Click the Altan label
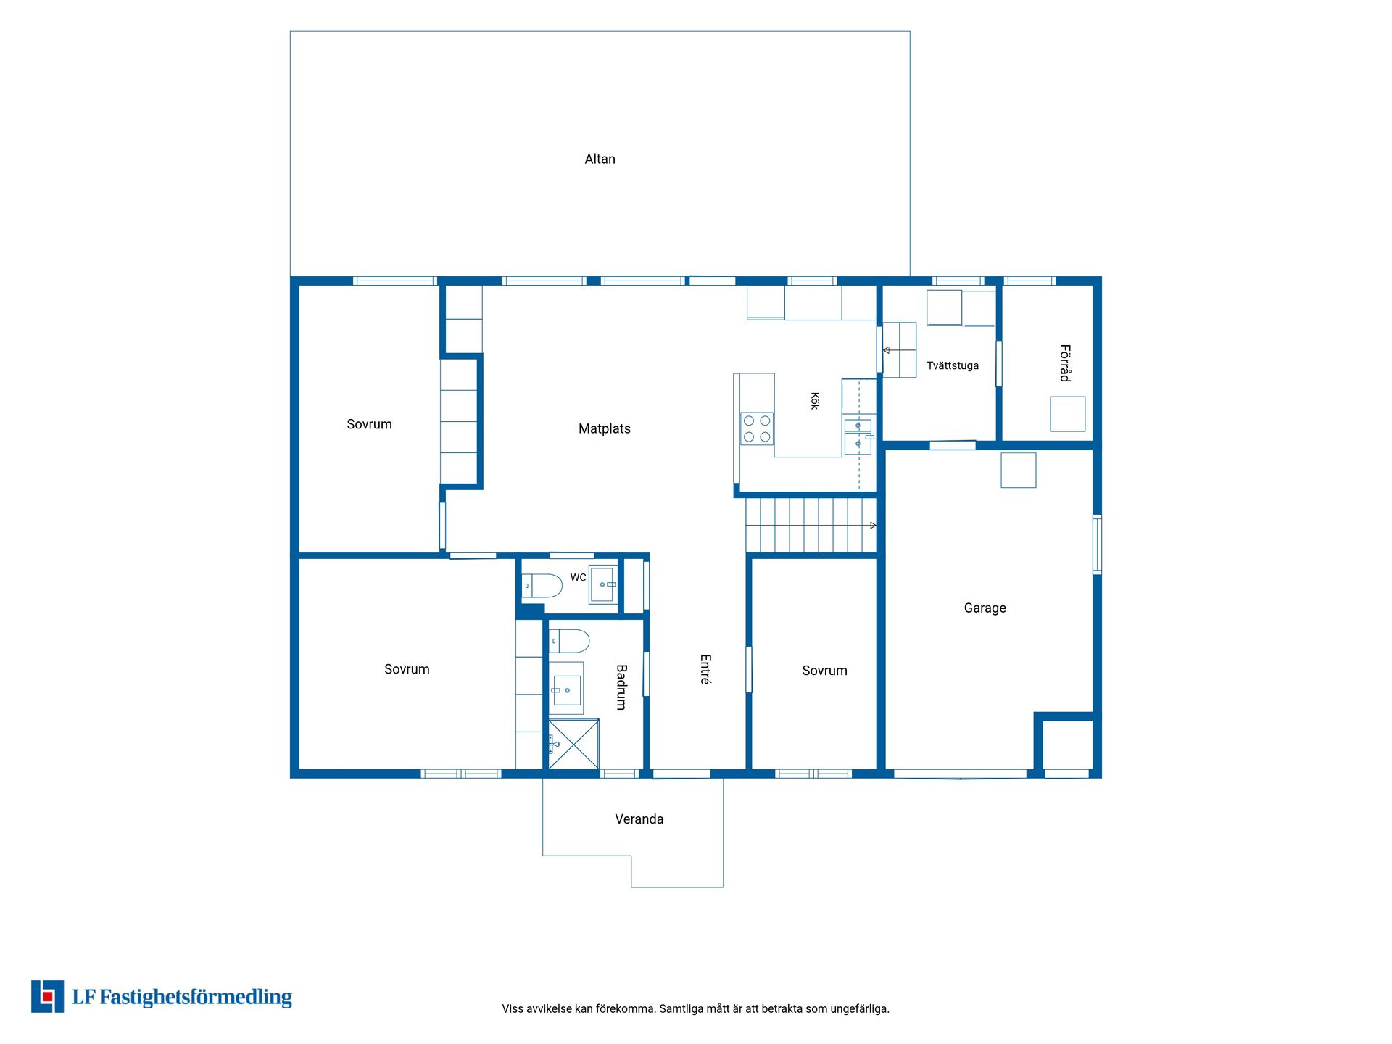point(600,159)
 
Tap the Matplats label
point(604,428)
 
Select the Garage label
point(985,608)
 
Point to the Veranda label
point(639,819)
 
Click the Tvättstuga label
point(953,365)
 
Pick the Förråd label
point(1064,362)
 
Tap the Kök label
point(815,401)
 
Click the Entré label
point(705,669)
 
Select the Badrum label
point(621,687)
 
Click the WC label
point(578,577)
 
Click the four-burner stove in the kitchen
point(757,428)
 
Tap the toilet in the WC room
point(542,586)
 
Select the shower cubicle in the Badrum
point(573,744)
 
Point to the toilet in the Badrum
point(569,641)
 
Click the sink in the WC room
point(602,584)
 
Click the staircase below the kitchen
point(811,525)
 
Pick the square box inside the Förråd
point(1068,414)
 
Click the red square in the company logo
point(48,997)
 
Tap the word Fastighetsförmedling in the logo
point(196,998)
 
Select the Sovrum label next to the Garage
point(824,671)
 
